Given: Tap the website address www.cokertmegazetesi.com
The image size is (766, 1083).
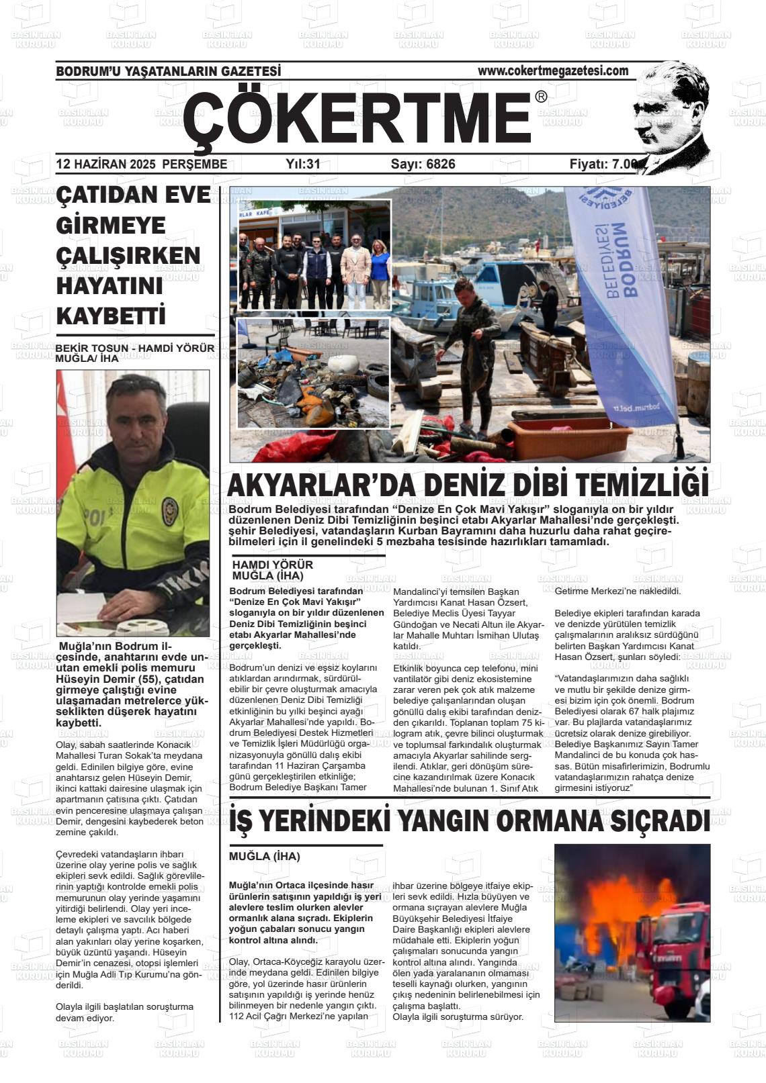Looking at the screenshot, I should [x=553, y=70].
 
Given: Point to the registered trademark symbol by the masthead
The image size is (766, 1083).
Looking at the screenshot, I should [x=541, y=97].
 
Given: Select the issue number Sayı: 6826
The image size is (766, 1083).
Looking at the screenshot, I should [x=423, y=164].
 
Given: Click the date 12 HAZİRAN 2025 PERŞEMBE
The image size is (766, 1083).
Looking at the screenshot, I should [x=141, y=164].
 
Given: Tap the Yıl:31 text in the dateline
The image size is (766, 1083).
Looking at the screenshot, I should [x=303, y=164].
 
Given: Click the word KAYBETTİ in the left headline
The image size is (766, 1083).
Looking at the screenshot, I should [x=111, y=316].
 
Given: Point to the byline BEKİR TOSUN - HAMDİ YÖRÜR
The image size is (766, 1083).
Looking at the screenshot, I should [x=134, y=348].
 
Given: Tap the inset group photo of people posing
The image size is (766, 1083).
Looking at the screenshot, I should [x=314, y=256].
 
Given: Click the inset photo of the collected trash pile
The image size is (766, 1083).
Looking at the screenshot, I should [x=313, y=373].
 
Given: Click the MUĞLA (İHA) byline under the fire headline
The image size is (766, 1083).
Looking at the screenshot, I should [x=264, y=857].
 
